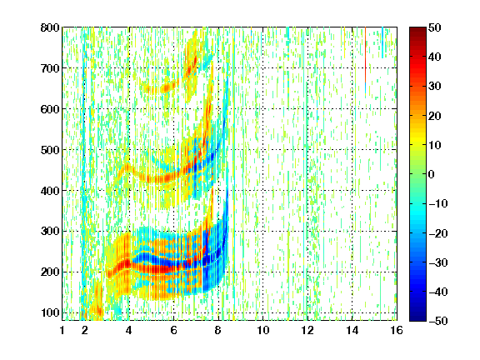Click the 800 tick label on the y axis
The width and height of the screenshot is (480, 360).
coord(50,27)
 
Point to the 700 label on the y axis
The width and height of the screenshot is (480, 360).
coord(50,68)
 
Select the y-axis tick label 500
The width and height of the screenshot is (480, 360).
coord(50,150)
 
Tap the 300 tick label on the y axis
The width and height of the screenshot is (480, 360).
coord(50,232)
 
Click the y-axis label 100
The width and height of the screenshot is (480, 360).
coord(50,312)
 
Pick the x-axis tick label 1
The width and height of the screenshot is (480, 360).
coord(62,330)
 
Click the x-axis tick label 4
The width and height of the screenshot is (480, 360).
coord(129,330)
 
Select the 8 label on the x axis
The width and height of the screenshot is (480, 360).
coord(218,330)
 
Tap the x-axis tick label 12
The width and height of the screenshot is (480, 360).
coord(307,330)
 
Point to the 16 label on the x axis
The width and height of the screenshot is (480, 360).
coord(397,330)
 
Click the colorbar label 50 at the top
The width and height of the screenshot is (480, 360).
coord(435,27)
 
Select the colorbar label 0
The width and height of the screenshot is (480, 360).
coord(432,174)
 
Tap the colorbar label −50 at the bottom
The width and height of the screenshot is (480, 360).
coord(438,321)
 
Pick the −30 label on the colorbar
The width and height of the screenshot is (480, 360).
coord(438,262)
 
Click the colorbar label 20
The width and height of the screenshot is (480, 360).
coord(435,116)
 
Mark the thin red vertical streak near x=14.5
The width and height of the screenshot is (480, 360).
coord(365,54)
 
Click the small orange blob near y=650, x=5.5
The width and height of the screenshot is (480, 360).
coord(166,88)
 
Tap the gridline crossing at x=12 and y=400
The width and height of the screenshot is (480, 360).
coord(307,190)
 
